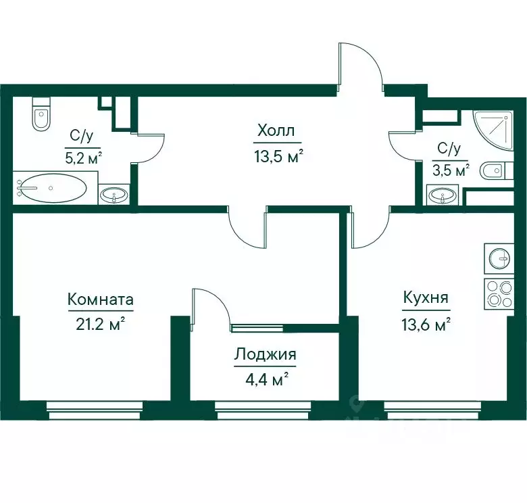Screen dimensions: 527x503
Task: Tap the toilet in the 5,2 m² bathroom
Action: point(41,114)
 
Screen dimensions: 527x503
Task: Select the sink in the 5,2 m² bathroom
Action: point(114,194)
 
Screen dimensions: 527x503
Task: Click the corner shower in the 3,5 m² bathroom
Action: point(493,130)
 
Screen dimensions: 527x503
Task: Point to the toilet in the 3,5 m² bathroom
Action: point(497,171)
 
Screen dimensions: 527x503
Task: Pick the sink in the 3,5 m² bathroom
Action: point(443,195)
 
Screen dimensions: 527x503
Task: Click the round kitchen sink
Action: point(499,258)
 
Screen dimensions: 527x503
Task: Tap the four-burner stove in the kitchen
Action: point(499,293)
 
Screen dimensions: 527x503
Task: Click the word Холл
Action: point(276,130)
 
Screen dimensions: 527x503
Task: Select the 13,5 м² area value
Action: point(278,157)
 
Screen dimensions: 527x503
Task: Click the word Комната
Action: point(101,299)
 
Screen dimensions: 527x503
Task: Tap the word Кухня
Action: point(426,297)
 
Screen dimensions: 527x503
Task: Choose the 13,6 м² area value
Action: point(426,325)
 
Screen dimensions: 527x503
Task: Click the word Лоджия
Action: point(265,354)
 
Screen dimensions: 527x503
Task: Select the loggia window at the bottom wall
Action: point(263,410)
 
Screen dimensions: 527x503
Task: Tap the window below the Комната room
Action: point(95,410)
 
